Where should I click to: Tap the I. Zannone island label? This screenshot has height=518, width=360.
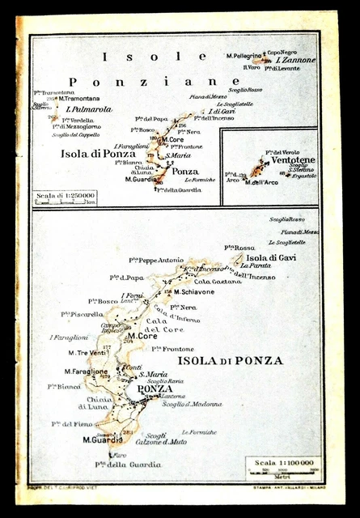coord(295,60)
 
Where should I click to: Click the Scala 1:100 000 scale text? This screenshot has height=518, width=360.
coord(283,462)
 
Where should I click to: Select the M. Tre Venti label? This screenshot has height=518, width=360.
coord(87,352)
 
